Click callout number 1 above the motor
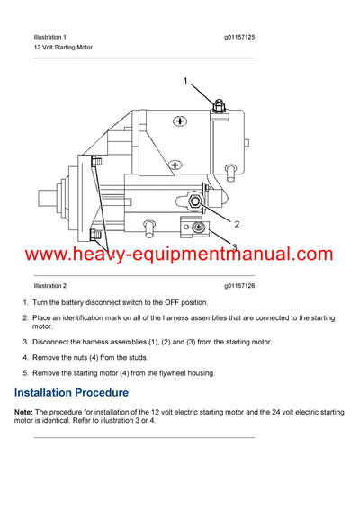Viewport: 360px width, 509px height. click(185, 82)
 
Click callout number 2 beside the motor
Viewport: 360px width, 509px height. click(237, 223)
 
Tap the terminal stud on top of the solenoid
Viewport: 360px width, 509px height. click(219, 106)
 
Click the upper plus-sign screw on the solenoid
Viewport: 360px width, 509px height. click(180, 121)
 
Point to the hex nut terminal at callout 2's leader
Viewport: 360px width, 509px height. click(193, 200)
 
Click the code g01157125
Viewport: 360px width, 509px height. click(239, 37)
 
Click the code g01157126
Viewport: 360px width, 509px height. click(239, 285)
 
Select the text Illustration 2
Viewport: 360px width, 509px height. click(50, 285)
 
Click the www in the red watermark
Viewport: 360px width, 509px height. click(34, 254)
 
